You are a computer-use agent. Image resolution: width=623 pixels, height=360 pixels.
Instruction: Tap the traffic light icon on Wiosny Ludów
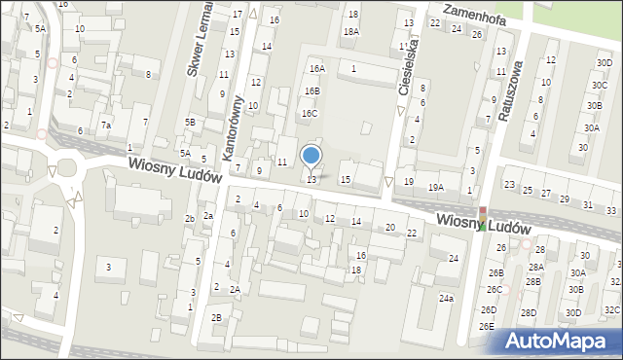point(481,218)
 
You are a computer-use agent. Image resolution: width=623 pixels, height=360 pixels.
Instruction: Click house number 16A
point(316,69)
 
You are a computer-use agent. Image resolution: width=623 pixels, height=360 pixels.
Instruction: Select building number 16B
point(311,90)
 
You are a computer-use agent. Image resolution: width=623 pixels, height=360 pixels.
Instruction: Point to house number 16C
point(309,113)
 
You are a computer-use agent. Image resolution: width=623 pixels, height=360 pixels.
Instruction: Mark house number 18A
point(350,31)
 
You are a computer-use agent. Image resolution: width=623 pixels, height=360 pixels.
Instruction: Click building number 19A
point(435,187)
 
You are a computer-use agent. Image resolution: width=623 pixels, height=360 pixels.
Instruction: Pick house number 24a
point(446,298)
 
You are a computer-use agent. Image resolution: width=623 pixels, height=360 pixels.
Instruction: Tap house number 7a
point(106,126)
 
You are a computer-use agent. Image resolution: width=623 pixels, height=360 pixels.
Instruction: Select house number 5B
point(191,122)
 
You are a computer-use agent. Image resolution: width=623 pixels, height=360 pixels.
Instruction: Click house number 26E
point(487,325)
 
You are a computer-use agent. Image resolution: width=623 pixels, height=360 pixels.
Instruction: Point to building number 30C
point(598,86)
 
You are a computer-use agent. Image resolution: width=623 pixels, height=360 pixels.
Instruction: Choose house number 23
point(509,184)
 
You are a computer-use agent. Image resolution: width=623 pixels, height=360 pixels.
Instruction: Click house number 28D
point(528,312)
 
